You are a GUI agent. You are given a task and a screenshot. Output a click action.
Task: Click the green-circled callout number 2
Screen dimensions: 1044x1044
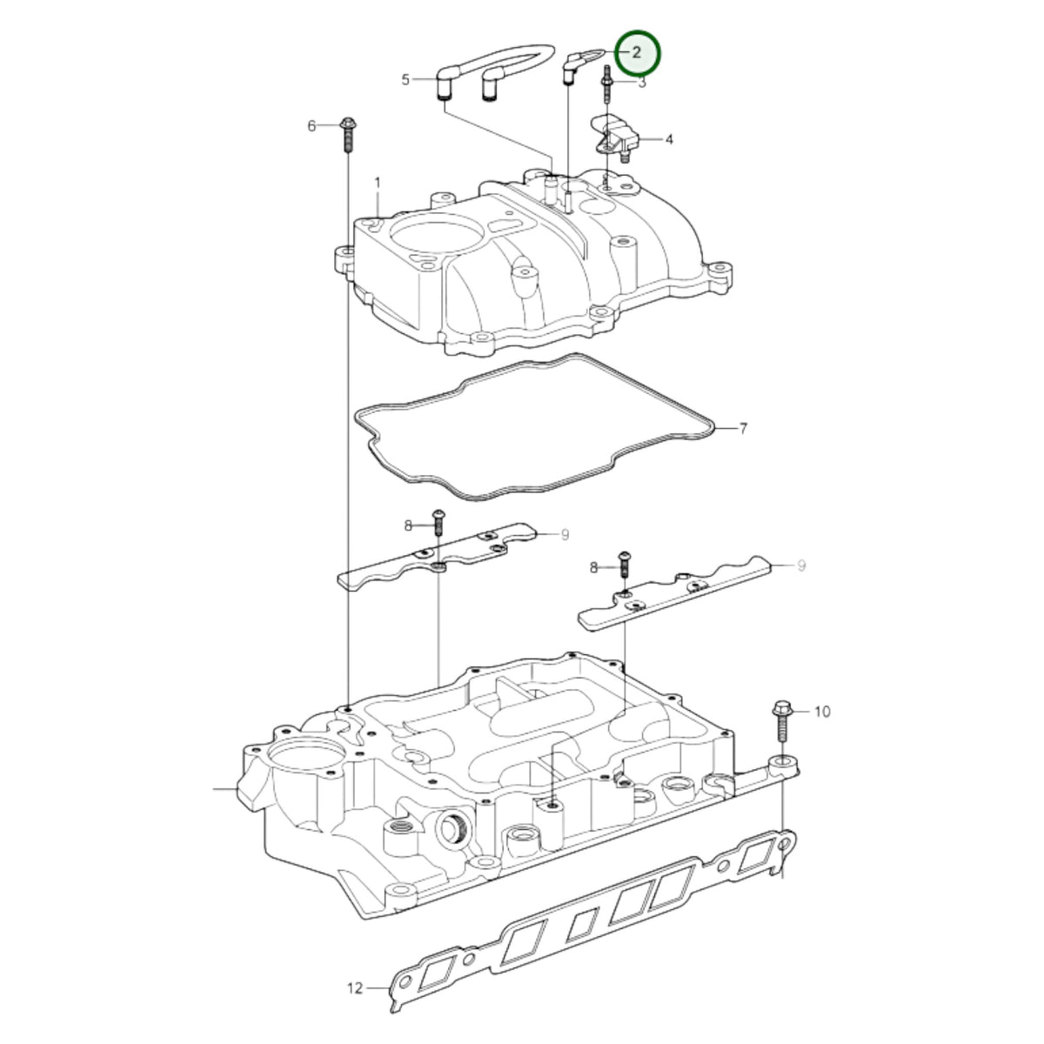[637, 52]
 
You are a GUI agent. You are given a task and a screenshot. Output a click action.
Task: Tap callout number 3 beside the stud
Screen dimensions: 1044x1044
[642, 83]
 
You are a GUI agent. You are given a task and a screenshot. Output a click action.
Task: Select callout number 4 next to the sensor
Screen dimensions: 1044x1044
[669, 140]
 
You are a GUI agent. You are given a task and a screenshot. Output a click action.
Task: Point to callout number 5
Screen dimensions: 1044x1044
[405, 80]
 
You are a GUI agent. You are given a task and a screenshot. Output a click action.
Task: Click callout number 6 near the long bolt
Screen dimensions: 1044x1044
[311, 126]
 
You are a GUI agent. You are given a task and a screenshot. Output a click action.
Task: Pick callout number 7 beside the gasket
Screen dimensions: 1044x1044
[743, 429]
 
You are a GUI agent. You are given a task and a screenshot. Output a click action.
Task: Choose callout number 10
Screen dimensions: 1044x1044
[822, 712]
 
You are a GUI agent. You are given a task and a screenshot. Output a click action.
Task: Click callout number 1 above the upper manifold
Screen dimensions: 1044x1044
[378, 183]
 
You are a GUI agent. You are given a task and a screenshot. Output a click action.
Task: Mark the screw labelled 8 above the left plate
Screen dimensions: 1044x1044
[438, 522]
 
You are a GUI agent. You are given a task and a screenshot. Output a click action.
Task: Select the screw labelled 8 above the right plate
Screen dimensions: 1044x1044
[624, 565]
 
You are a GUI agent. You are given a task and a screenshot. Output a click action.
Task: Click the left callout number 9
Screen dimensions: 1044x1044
[565, 535]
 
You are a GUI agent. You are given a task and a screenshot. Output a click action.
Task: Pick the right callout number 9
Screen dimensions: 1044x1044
[801, 565]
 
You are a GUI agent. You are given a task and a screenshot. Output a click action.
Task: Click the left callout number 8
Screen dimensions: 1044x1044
[409, 525]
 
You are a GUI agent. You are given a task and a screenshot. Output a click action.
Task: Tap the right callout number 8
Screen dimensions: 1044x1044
[594, 567]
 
